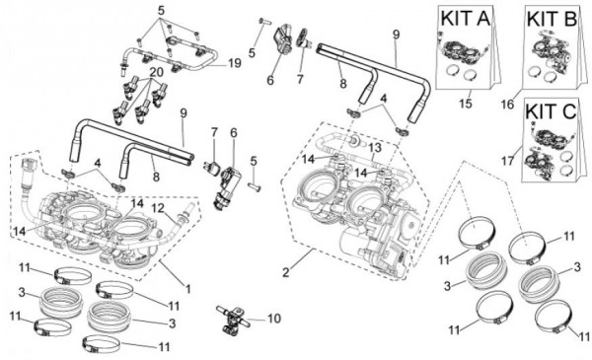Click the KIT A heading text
pos(466,19)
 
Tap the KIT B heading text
pos(552,19)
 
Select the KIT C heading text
pos(551,111)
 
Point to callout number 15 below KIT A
pos(466,103)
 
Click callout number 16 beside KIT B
pos(508,104)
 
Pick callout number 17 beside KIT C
pos(508,161)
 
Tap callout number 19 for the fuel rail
pos(235,63)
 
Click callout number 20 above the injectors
pos(156,72)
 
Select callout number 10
pos(274,319)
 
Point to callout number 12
pos(158,208)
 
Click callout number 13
pos(376,148)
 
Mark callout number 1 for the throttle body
pos(187,289)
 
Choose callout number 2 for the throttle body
pos(286,272)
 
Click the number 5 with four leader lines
pos(161,11)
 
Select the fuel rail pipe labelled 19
pos(169,56)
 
